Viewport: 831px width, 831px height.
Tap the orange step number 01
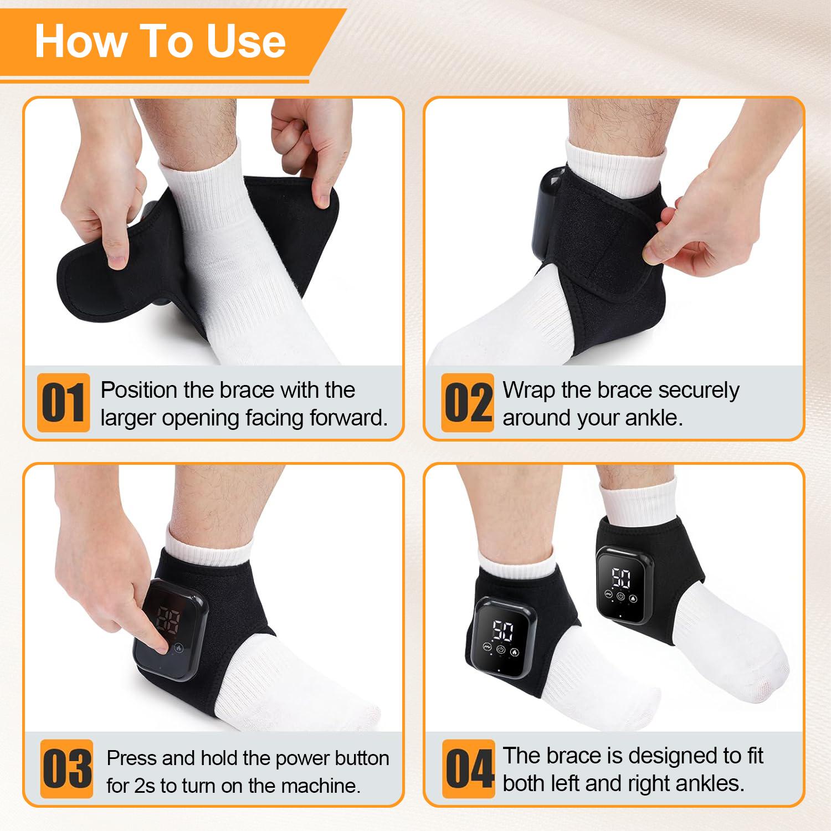(63, 403)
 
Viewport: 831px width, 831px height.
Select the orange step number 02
(468, 403)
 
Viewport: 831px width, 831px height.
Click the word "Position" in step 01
(138, 391)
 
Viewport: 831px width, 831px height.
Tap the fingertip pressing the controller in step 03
(161, 644)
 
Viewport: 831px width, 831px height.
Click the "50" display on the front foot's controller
(501, 630)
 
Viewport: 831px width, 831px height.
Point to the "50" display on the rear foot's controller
(621, 579)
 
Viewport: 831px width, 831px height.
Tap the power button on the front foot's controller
(501, 650)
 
